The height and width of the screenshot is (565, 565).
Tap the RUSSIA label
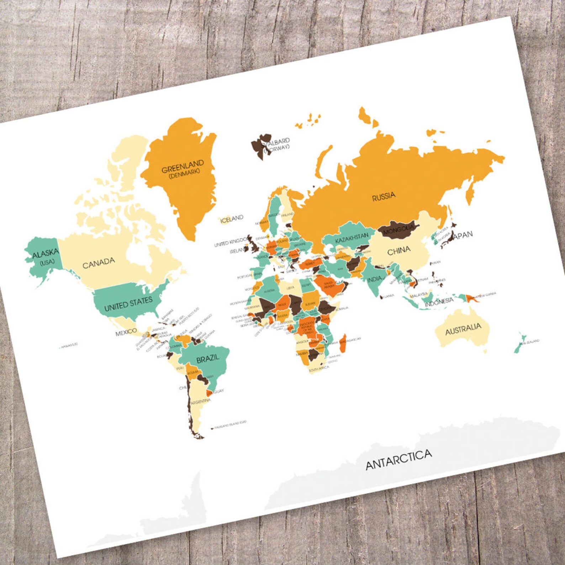(x=384, y=196)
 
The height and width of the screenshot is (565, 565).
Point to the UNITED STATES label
(x=128, y=303)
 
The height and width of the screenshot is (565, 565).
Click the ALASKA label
(x=45, y=254)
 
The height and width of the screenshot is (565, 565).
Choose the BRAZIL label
(x=208, y=359)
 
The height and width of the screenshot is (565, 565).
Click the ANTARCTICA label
(x=398, y=459)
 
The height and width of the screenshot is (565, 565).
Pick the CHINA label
(x=398, y=251)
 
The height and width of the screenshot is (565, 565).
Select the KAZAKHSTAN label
(x=352, y=238)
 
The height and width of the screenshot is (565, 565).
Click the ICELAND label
(x=232, y=219)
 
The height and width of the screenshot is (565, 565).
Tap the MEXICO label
(x=126, y=332)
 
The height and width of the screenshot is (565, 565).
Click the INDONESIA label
(x=439, y=302)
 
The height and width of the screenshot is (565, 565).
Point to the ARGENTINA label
(x=201, y=401)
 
